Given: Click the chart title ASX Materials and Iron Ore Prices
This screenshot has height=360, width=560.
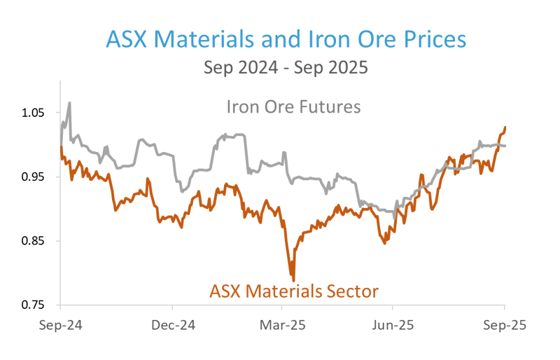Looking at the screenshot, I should tap(286, 39).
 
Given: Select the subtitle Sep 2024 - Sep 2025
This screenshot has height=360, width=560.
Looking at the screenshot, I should tap(286, 68).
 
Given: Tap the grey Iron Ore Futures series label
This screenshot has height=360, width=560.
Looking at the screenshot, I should tap(293, 107).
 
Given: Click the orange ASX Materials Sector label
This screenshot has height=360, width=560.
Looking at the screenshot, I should tap(294, 291).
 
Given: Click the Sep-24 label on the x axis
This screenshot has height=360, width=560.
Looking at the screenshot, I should tap(59, 325).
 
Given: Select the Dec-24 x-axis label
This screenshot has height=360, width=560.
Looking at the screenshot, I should tap(172, 325).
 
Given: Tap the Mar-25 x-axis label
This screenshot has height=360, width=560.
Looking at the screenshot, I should tap(282, 325).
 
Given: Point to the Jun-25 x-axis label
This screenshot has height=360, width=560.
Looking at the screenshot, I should tap(393, 325).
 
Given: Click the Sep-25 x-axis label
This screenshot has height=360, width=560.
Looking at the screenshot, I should tap(503, 325).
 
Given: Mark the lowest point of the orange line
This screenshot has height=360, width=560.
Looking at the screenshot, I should tap(293, 279).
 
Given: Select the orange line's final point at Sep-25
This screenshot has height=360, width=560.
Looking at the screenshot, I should tap(505, 127).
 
